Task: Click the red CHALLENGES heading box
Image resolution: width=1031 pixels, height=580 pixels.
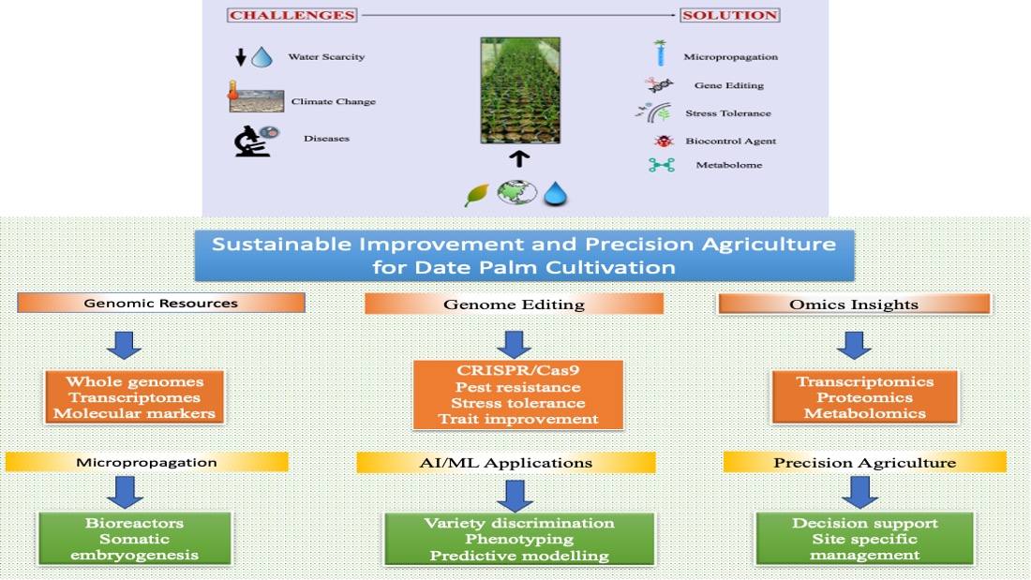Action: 292,15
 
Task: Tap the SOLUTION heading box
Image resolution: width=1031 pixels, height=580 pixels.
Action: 730,15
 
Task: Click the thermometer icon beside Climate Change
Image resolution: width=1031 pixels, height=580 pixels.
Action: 234,96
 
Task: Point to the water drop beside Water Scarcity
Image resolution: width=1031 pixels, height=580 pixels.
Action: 261,56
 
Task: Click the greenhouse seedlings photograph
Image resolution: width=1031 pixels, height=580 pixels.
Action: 520,90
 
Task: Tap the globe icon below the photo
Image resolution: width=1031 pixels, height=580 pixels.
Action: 517,192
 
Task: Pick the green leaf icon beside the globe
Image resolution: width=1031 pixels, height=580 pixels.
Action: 478,193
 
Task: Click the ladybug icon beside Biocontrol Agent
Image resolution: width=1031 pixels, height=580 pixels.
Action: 664,141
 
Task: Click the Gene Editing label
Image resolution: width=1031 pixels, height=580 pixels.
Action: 728,85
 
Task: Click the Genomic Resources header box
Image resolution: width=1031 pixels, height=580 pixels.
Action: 161,303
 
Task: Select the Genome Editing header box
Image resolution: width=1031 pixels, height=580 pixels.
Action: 514,304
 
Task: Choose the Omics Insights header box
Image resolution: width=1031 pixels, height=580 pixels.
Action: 853,303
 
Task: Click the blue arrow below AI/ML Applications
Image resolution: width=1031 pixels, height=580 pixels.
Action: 515,494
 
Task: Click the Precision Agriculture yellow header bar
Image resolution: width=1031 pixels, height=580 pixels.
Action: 864,462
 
